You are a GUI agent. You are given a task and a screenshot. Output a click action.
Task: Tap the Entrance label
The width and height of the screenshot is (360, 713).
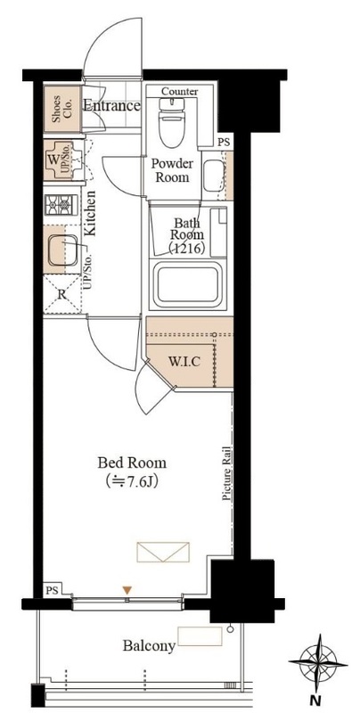(111, 106)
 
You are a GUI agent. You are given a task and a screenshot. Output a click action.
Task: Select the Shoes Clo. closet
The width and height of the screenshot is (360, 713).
(61, 110)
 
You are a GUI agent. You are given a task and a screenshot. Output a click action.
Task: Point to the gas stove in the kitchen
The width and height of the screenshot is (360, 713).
(61, 205)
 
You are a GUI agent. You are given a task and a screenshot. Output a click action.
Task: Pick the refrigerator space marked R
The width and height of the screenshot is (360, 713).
(62, 294)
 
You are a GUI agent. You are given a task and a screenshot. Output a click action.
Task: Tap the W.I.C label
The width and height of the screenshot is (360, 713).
(184, 362)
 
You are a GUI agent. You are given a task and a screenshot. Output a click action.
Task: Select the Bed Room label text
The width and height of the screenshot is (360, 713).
(132, 463)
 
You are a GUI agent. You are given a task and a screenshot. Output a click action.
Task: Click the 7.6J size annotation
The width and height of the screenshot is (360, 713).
(132, 480)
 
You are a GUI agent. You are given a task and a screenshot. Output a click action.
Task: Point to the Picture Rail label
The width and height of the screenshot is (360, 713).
(227, 474)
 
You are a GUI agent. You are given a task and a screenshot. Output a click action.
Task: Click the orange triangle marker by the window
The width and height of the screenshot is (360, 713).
(127, 590)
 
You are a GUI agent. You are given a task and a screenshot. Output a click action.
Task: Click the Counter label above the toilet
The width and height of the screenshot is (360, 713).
(179, 92)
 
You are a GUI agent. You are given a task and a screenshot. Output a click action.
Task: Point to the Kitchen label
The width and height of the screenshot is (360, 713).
(90, 213)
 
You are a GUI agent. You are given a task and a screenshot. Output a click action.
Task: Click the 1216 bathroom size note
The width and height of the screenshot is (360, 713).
(186, 249)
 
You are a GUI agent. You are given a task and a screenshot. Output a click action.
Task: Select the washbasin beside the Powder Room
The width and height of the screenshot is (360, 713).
(213, 176)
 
